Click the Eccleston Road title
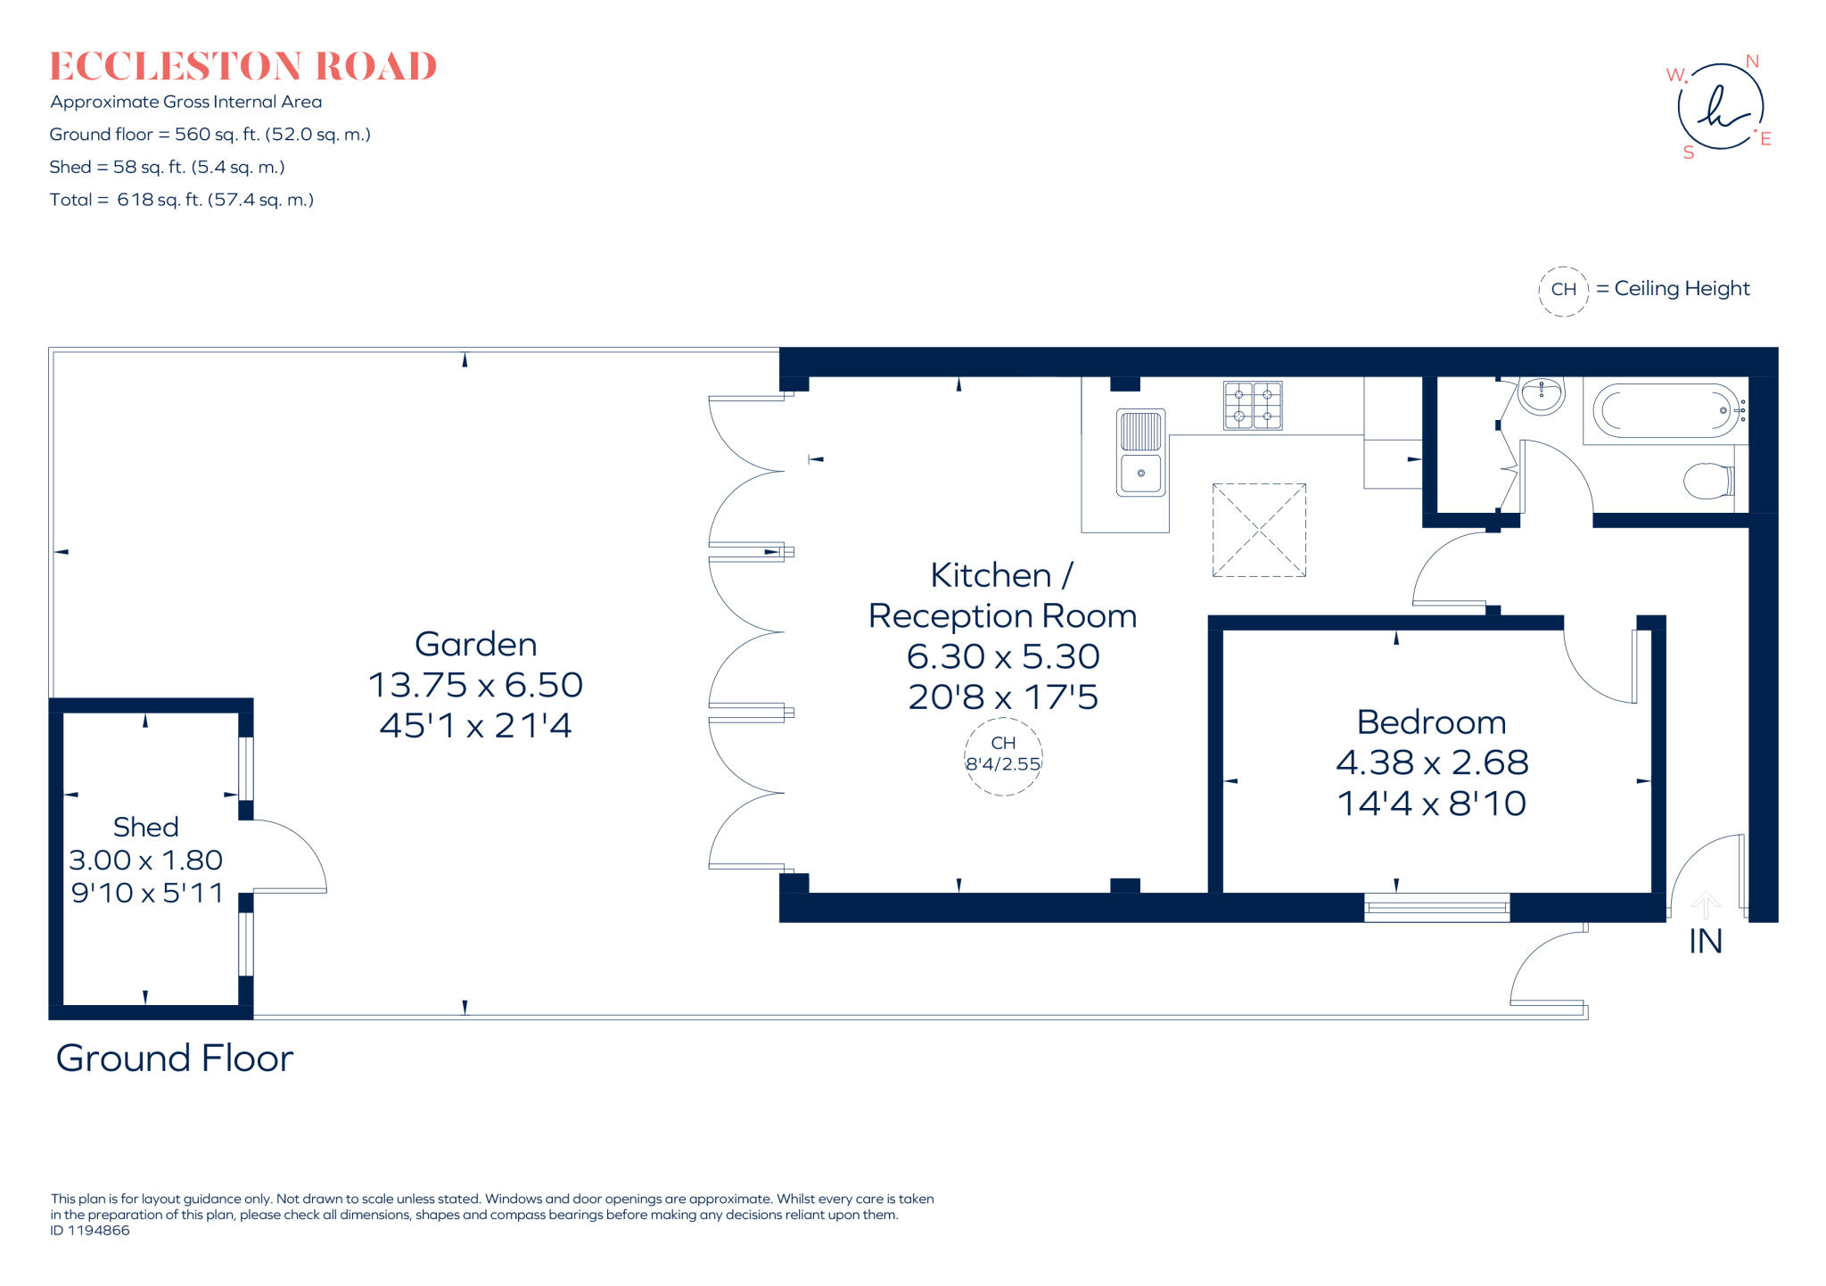pyautogui.click(x=243, y=67)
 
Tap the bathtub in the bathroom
pyautogui.click(x=1665, y=411)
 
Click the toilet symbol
pyautogui.click(x=1707, y=481)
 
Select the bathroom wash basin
pyautogui.click(x=1541, y=395)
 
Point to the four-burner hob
pyautogui.click(x=1253, y=406)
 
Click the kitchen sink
pyautogui.click(x=1140, y=452)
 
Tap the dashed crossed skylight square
pyautogui.click(x=1259, y=531)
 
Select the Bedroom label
pyautogui.click(x=1431, y=722)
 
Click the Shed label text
pyautogui.click(x=145, y=828)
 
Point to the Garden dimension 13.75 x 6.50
pyautogui.click(x=475, y=685)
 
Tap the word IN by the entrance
pyautogui.click(x=1705, y=942)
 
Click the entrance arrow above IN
pyautogui.click(x=1705, y=904)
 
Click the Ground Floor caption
pyautogui.click(x=175, y=1059)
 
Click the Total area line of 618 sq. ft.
pyautogui.click(x=182, y=200)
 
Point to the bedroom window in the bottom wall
pyautogui.click(x=1436, y=908)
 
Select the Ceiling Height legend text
pyautogui.click(x=1682, y=289)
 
